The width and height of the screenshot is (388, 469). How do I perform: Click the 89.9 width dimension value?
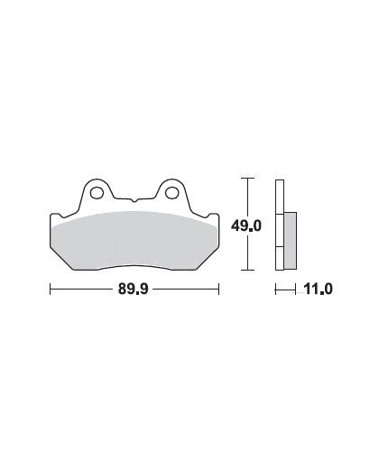pos(134,290)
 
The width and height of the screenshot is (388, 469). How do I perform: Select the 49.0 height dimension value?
pos(246,225)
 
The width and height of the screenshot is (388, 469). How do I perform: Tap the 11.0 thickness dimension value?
pos(319,290)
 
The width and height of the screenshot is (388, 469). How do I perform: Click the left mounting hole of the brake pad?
pos(97,192)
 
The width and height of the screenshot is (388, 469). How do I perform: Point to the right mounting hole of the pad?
pos(171,192)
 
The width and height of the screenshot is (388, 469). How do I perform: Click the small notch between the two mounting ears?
pos(134,200)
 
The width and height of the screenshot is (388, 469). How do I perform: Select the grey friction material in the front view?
pos(134,241)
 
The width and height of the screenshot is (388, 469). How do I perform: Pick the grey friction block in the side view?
pos(291,241)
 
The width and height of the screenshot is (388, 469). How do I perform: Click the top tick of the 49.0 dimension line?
pos(247,179)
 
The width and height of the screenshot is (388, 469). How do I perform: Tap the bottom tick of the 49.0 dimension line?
pos(247,270)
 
